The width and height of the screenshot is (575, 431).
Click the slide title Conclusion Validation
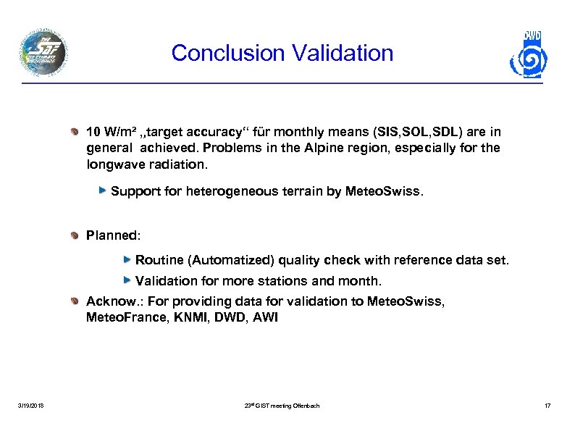(x=282, y=53)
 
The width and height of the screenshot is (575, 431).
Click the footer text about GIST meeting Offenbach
(x=282, y=405)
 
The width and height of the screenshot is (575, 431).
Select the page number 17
(x=547, y=405)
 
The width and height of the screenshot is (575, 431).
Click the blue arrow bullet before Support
(x=104, y=191)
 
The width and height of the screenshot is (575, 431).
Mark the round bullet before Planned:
(x=77, y=235)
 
